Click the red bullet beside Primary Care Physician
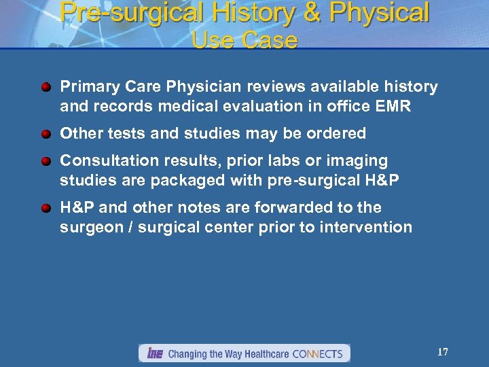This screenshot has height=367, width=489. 46,88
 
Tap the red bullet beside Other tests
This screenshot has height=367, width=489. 46,134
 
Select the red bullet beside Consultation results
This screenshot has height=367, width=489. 46,162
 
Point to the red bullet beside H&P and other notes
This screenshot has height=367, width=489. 46,208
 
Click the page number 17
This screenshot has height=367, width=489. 442,352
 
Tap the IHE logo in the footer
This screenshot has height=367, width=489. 155,353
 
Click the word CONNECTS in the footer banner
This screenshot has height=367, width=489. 319,353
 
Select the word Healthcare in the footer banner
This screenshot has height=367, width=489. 262,353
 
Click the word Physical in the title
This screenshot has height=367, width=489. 381,12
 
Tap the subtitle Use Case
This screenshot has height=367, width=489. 244,40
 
